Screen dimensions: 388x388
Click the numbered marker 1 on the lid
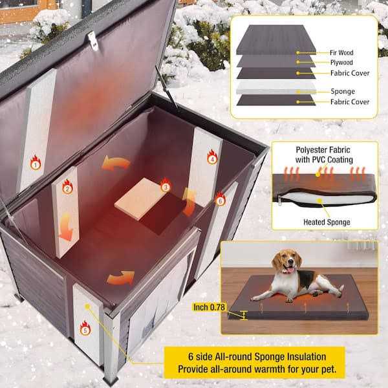[x=35, y=164]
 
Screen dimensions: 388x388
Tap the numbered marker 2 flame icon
[x=67, y=189]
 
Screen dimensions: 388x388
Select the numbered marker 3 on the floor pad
[x=166, y=188]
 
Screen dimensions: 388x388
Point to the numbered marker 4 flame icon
[x=211, y=156]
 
